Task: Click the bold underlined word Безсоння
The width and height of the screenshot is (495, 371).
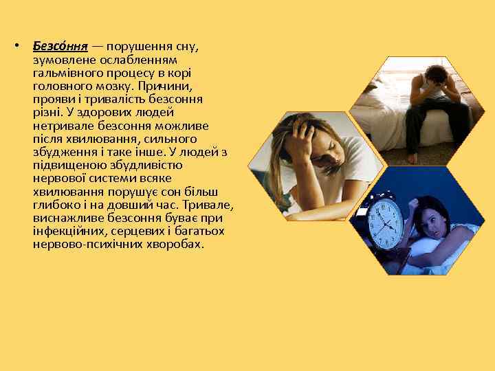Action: (60, 47)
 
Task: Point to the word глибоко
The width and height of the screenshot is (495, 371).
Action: (56, 205)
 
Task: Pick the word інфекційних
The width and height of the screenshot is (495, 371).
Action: (63, 232)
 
